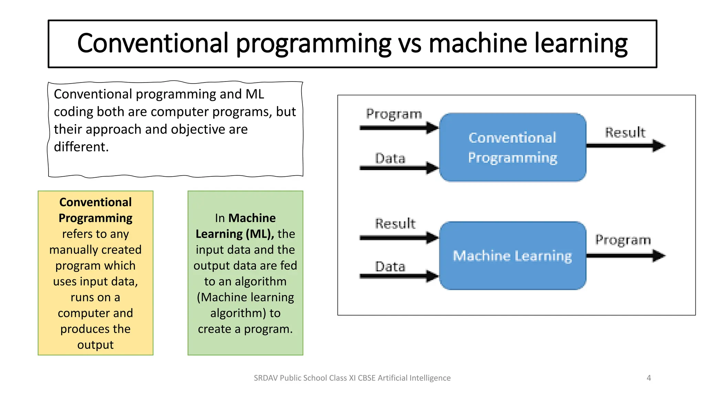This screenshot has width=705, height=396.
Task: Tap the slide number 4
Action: click(649, 378)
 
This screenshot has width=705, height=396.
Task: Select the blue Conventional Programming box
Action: click(513, 147)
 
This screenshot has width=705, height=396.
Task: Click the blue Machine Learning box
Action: click(513, 256)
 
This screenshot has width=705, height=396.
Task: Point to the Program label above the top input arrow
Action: click(394, 114)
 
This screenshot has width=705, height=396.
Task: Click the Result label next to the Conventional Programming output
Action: click(625, 132)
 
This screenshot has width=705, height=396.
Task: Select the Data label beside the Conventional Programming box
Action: click(390, 158)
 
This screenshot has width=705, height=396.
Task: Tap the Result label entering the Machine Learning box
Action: click(395, 223)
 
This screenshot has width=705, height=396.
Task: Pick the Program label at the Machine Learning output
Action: click(623, 240)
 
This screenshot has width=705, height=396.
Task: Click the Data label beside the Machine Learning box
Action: click(390, 267)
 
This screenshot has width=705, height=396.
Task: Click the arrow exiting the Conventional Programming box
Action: click(625, 146)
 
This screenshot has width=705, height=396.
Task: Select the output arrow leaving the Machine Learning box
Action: click(625, 256)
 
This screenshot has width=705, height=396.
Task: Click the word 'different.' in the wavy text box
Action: click(81, 147)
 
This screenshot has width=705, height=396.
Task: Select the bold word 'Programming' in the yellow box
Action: click(95, 218)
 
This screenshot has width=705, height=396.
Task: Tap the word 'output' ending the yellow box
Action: click(95, 345)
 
